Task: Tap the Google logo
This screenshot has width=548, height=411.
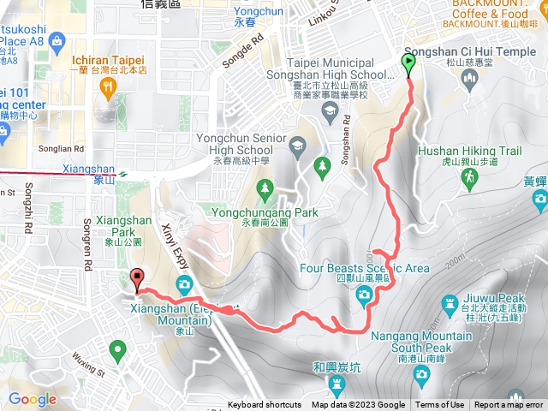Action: [32, 399]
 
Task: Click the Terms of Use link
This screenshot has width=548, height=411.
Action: [440, 405]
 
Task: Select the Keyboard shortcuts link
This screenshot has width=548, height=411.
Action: [265, 405]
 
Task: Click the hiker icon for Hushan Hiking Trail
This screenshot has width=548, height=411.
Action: [469, 178]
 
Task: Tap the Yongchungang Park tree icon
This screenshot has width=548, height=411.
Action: [265, 187]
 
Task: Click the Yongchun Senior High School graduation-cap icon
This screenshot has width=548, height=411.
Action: [297, 145]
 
